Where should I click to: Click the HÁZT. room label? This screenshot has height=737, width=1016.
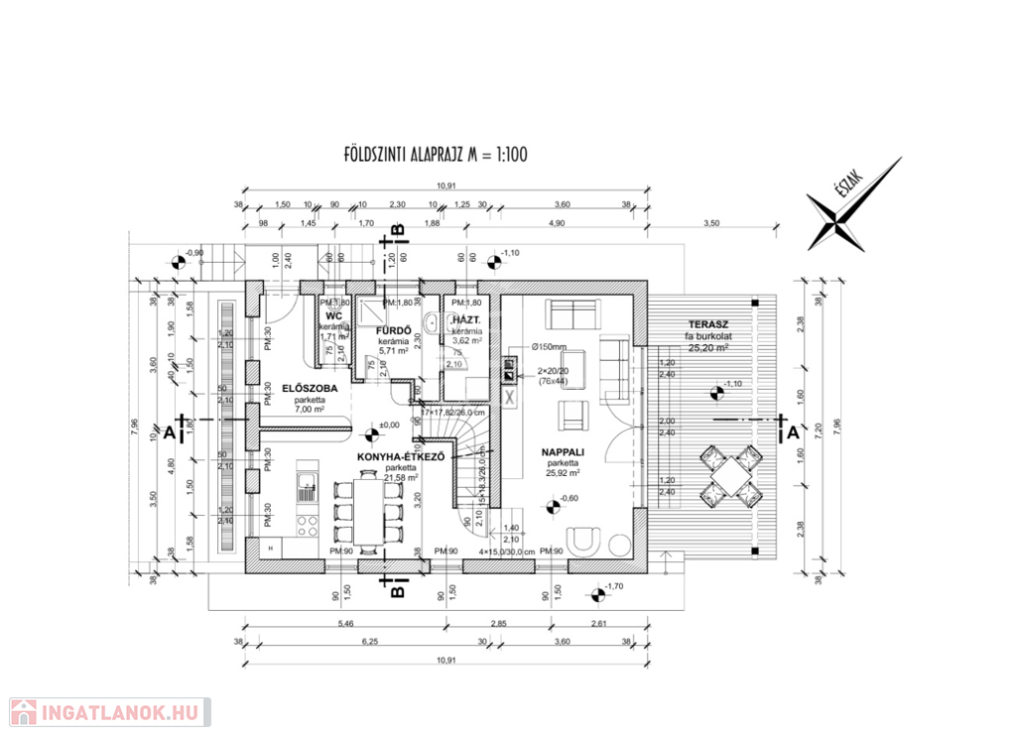pyautogui.click(x=466, y=320)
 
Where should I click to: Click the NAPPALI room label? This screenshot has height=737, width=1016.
pyautogui.click(x=563, y=450)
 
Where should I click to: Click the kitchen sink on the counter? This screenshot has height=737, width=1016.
pyautogui.click(x=306, y=485)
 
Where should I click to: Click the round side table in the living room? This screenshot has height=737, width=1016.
pyautogui.click(x=620, y=542)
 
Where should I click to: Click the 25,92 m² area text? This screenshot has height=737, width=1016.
pyautogui.click(x=562, y=474)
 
